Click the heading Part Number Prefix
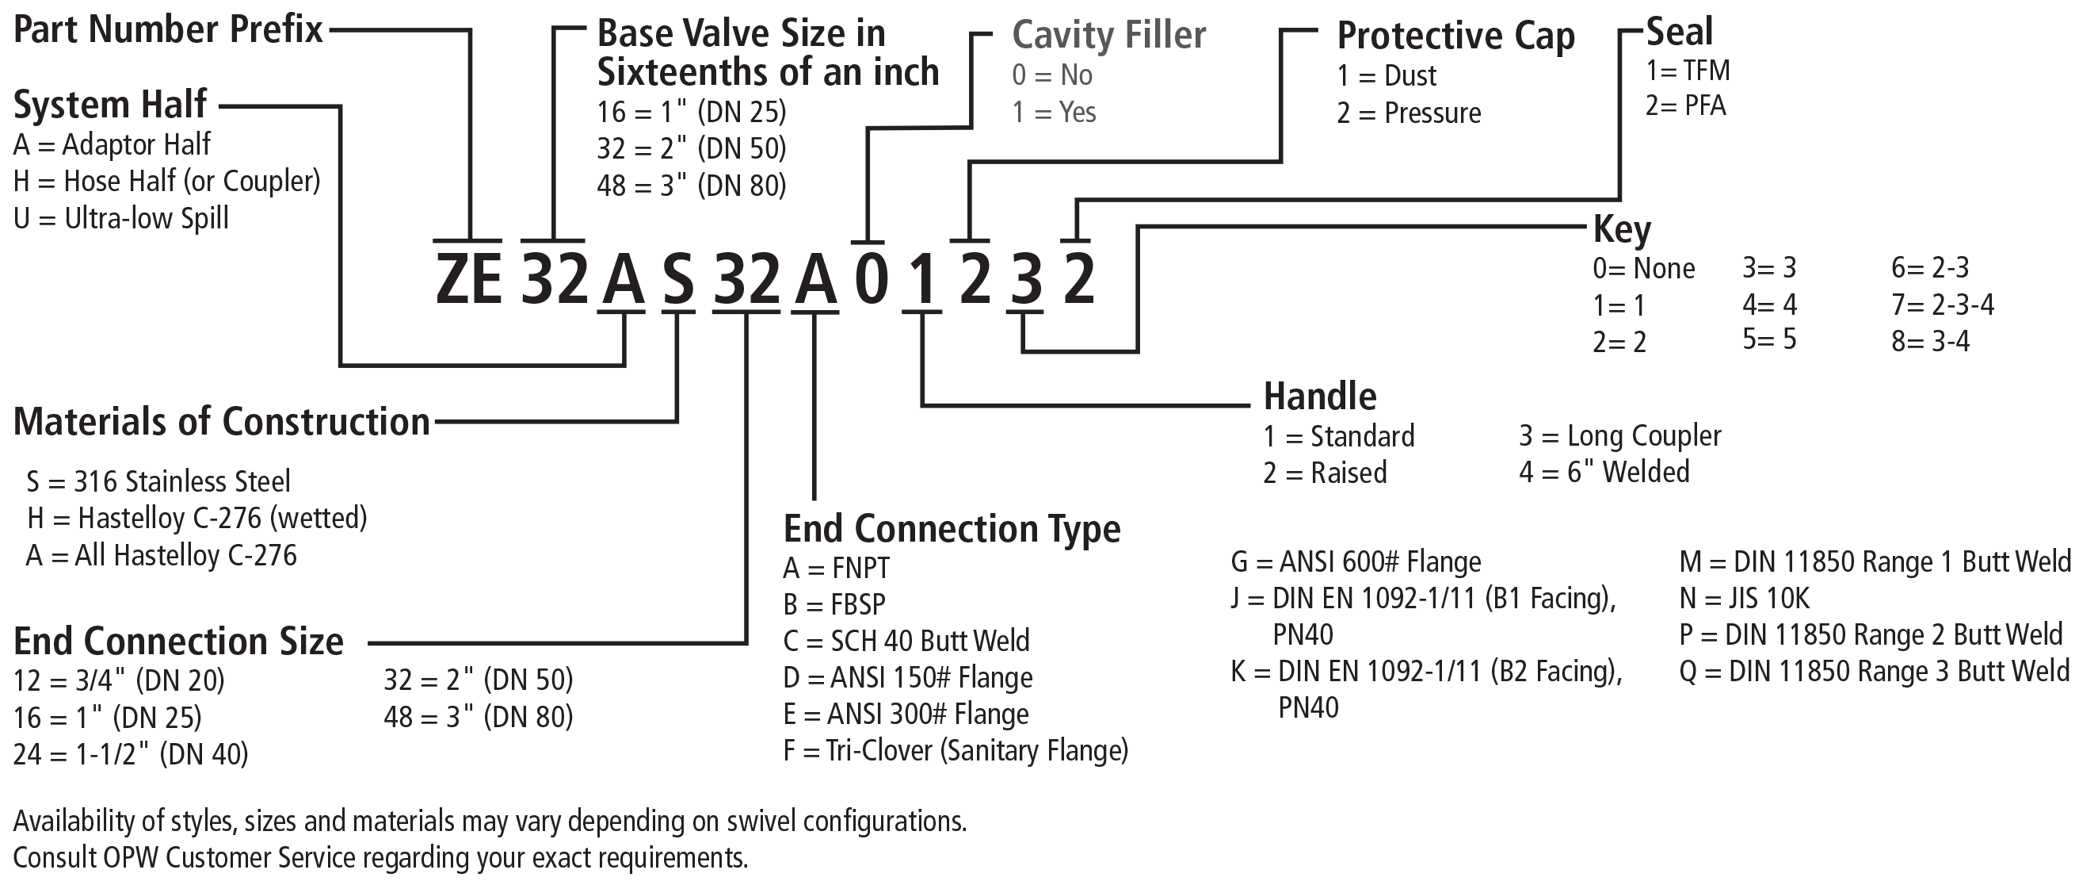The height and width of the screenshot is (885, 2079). tap(168, 31)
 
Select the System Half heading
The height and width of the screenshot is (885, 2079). tap(111, 105)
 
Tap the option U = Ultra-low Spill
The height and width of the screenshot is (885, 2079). tap(121, 218)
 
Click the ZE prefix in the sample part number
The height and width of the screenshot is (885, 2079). tap(468, 278)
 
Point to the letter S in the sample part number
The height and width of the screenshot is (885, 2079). tap(678, 279)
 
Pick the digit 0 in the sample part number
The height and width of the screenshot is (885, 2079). tap(871, 279)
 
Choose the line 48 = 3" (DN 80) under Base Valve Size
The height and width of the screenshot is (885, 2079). tap(692, 186)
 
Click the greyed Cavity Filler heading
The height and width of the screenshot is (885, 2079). tap(1109, 36)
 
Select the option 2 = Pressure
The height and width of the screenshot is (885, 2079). tap(1409, 113)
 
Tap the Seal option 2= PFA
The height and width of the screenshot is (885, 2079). tap(1685, 105)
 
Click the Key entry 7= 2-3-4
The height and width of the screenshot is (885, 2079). tap(1943, 305)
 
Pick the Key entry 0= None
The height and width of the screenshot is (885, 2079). tap(1643, 268)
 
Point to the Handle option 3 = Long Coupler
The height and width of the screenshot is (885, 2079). tap(1619, 436)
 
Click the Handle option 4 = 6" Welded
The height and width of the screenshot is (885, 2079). tap(1604, 472)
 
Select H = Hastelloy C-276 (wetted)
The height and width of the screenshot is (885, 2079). tap(197, 519)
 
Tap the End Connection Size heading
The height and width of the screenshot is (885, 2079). tap(178, 641)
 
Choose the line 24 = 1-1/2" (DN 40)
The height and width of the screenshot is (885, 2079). tap(131, 754)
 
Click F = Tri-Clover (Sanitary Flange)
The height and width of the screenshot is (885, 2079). tap(956, 751)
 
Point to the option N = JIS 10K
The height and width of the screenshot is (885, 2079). tap(1744, 599)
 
